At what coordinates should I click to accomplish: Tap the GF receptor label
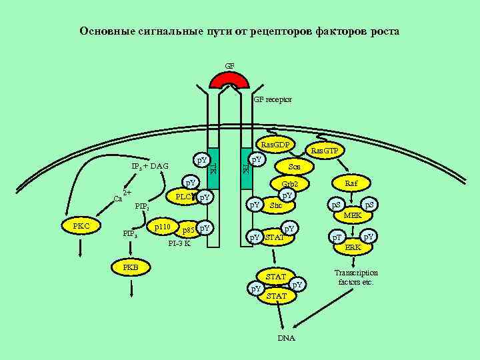pyautogui.click(x=273, y=99)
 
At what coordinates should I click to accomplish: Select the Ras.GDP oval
pyautogui.click(x=275, y=144)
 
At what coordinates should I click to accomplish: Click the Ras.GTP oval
pyautogui.click(x=325, y=151)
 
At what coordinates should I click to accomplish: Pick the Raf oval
pyautogui.click(x=351, y=183)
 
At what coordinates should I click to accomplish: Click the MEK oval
pyautogui.click(x=353, y=216)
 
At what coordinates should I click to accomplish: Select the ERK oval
pyautogui.click(x=353, y=247)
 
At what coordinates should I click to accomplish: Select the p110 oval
pyautogui.click(x=162, y=228)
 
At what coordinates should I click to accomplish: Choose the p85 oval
pyautogui.click(x=189, y=231)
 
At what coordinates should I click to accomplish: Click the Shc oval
pyautogui.click(x=276, y=205)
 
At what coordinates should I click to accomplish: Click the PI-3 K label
pyautogui.click(x=179, y=243)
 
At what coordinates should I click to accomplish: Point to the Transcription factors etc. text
pyautogui.click(x=356, y=277)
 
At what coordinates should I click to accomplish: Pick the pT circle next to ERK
pyautogui.click(x=338, y=237)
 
